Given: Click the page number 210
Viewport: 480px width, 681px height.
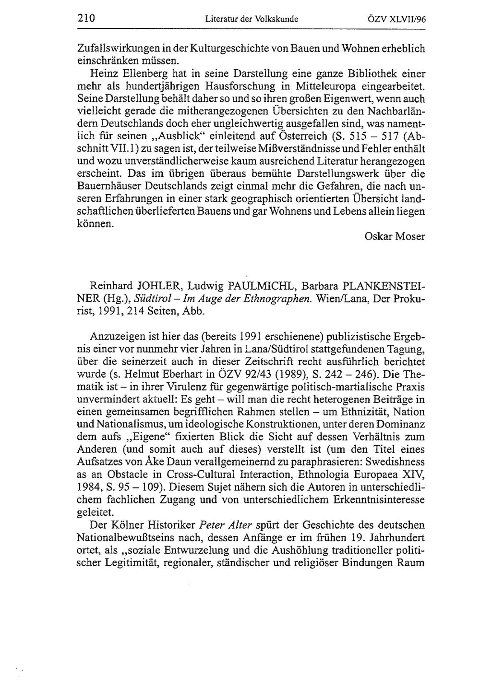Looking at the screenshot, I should click(86, 19).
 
